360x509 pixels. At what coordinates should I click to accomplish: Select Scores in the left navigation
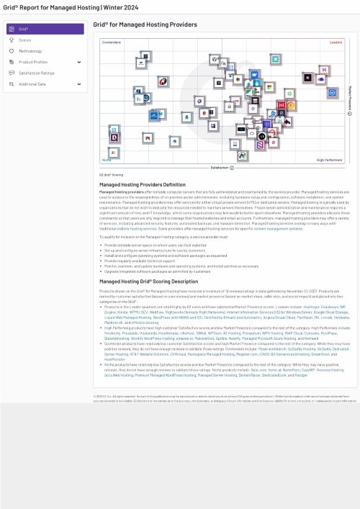pos(25,40)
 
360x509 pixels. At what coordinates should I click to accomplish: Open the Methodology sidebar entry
pos(30,51)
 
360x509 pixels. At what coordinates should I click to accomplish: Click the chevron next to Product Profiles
pos(79,62)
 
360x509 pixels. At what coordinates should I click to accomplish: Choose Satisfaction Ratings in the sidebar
pos(37,73)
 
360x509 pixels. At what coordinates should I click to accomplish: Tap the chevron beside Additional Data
pos(79,84)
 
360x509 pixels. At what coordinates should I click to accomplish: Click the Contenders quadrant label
pos(112,42)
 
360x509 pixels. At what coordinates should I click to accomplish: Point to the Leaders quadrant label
pos(336,42)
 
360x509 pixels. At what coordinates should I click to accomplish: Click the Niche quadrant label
pos(107,160)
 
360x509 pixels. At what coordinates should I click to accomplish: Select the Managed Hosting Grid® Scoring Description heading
pos(148,281)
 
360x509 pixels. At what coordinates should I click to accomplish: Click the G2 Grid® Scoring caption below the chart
pos(111,175)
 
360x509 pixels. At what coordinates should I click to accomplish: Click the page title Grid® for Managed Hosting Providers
pos(145,24)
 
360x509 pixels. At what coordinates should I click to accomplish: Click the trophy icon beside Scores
pos(12,40)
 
